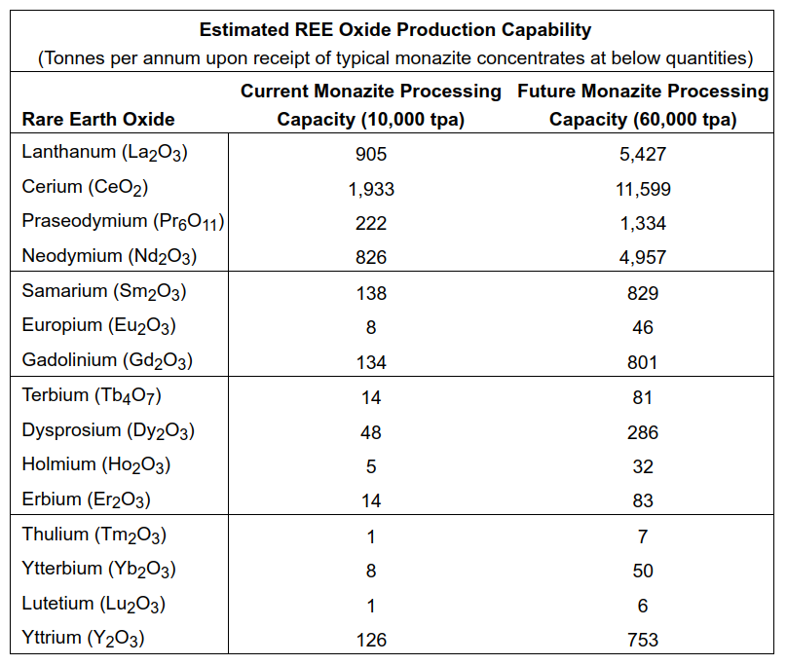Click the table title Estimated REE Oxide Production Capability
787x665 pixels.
394,30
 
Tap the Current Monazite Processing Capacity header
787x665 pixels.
371,105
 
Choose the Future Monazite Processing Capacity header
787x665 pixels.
643,105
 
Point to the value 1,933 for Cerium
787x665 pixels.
371,189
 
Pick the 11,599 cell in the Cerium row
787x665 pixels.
643,189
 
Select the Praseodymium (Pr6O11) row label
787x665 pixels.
123,222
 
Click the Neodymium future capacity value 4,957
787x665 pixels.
643,258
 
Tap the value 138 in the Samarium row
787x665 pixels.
371,293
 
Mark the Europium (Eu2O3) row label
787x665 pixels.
98,326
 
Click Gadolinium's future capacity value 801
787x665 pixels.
643,362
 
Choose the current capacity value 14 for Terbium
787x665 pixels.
371,397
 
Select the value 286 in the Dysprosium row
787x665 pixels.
643,432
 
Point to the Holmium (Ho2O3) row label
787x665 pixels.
96,465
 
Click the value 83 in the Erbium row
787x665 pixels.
643,501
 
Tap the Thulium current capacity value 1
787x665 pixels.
371,536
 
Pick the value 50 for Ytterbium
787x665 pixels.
643,571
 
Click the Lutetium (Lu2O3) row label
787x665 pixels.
94,605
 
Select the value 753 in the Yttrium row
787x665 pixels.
643,640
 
